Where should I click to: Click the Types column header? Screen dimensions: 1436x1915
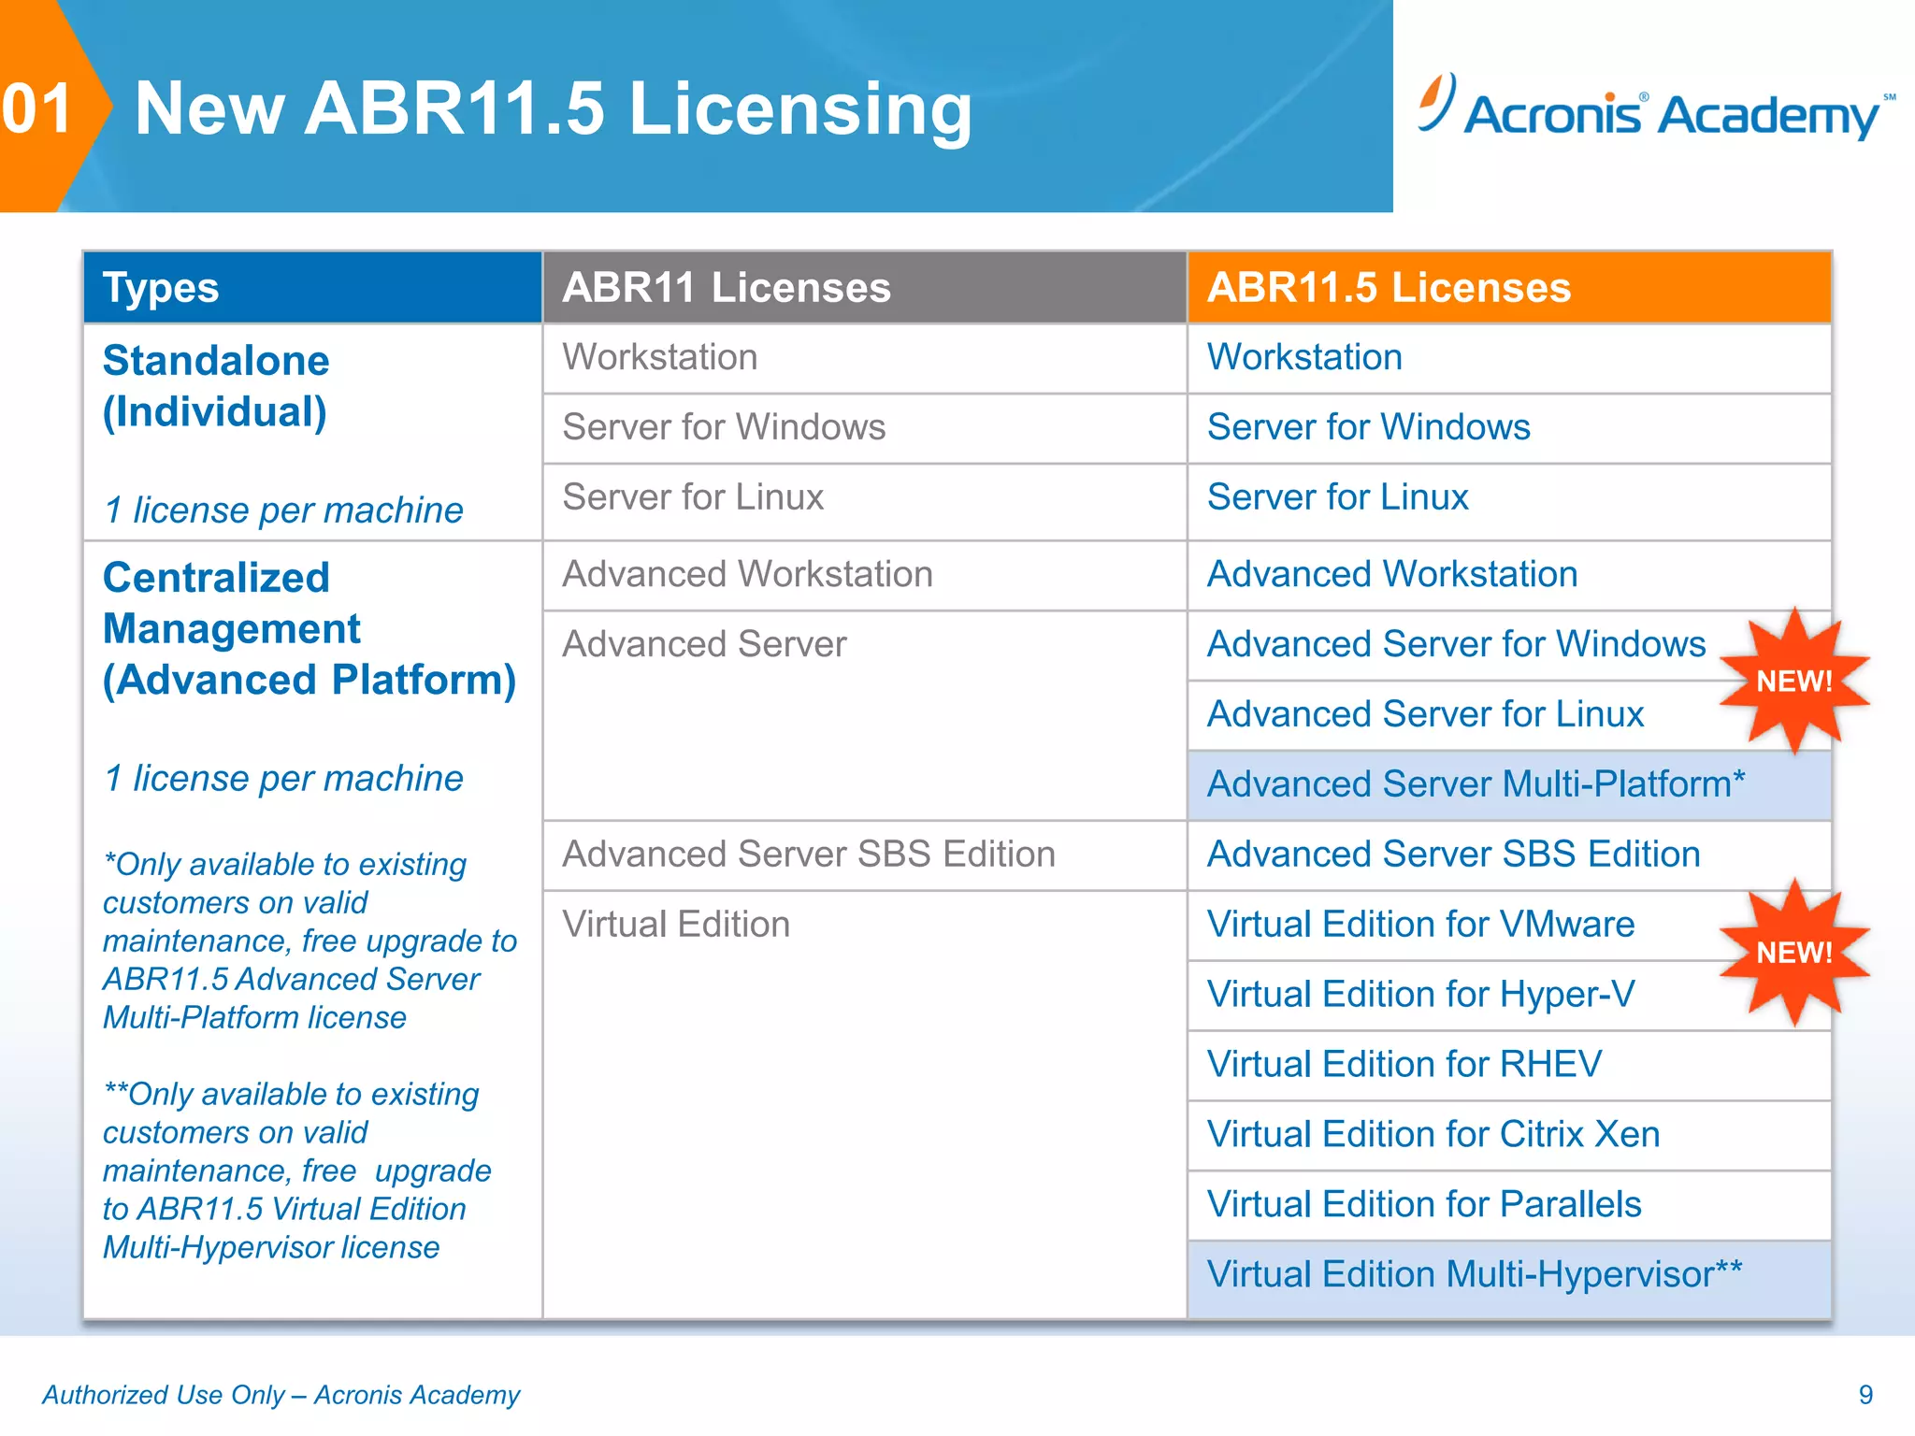coord(161,288)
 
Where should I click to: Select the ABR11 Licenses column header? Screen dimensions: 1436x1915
coord(726,288)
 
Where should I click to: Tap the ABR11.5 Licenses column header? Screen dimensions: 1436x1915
coord(1389,288)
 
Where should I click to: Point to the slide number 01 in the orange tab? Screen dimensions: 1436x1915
coord(37,108)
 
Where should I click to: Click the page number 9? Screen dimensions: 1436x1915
coord(1865,1395)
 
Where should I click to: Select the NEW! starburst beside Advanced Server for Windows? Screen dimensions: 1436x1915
coord(1793,681)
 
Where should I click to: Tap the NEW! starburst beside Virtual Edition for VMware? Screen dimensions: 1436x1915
coord(1793,952)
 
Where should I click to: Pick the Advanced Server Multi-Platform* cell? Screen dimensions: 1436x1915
coord(1476,784)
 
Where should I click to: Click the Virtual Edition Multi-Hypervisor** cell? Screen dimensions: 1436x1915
coord(1474,1275)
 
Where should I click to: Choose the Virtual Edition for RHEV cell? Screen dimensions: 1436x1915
coord(1404,1065)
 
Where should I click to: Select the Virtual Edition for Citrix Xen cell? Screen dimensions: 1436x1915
coord(1433,1135)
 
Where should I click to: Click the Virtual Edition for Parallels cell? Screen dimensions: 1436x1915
coord(1424,1205)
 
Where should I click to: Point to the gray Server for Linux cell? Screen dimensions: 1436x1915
coord(693,497)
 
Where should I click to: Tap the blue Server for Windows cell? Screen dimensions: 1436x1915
coord(1368,427)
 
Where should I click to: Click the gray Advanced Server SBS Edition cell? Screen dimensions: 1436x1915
coord(809,854)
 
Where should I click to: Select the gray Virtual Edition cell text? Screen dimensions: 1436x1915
coord(676,925)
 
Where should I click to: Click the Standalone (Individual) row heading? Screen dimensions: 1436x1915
coord(216,386)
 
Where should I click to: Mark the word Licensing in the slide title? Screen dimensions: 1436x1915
coord(800,110)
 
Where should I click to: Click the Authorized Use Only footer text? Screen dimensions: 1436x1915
coord(281,1395)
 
